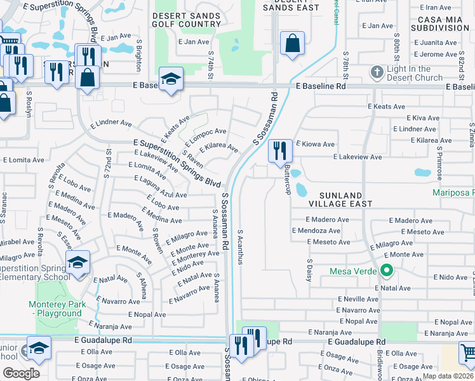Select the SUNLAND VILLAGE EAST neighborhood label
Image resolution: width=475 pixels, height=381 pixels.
[340, 199]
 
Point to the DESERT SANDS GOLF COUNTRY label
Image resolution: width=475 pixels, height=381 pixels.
[185, 19]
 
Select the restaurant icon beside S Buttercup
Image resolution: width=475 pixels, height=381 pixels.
[280, 152]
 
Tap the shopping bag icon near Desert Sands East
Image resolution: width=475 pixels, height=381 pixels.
[292, 44]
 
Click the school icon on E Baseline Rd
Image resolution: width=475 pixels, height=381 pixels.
[171, 80]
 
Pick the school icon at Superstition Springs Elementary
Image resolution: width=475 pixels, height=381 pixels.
[77, 263]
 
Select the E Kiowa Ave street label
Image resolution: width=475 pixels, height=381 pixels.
[315, 144]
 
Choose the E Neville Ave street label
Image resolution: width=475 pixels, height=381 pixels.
[358, 298]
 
